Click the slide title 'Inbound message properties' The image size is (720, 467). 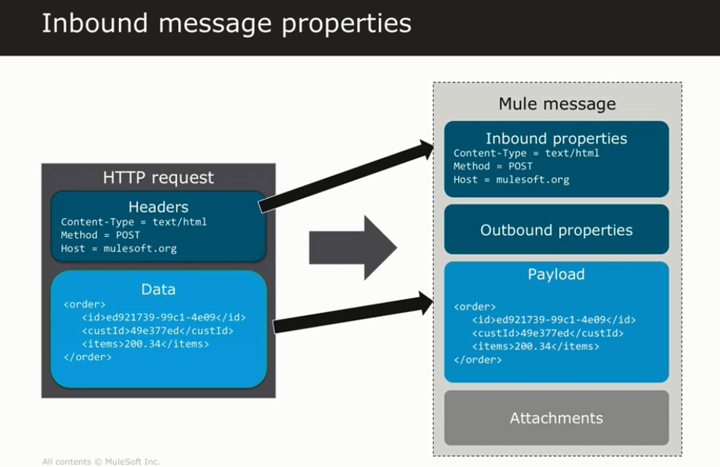click(226, 23)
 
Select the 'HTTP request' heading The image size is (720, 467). click(158, 178)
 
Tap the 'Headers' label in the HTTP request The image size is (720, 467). click(158, 207)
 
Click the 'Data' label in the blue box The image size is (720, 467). click(158, 289)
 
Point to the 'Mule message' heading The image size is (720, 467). click(557, 104)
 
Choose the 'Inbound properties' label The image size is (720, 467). click(556, 138)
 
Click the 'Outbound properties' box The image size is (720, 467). click(556, 230)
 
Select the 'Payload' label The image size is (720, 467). click(556, 275)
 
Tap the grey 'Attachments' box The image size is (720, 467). click(556, 418)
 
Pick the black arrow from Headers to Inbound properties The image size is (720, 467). click(345, 176)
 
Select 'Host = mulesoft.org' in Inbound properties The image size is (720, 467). click(511, 180)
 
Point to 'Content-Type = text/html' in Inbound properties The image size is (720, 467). click(526, 153)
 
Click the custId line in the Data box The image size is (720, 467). click(157, 331)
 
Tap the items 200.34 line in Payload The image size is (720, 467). click(535, 347)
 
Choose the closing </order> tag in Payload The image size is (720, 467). click(477, 360)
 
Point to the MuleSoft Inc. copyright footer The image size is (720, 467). click(101, 462)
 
